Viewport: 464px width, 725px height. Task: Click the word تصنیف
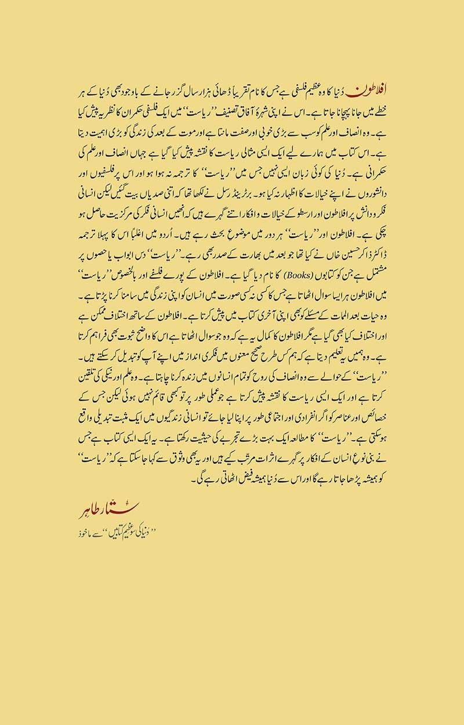[x=250, y=108]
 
